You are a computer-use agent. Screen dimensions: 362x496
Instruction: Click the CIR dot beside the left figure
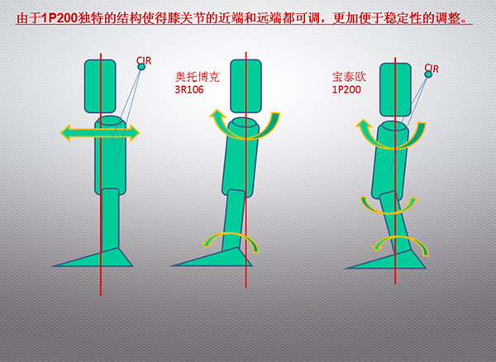(x=141, y=67)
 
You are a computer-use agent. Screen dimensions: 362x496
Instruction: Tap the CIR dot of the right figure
(x=428, y=74)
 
